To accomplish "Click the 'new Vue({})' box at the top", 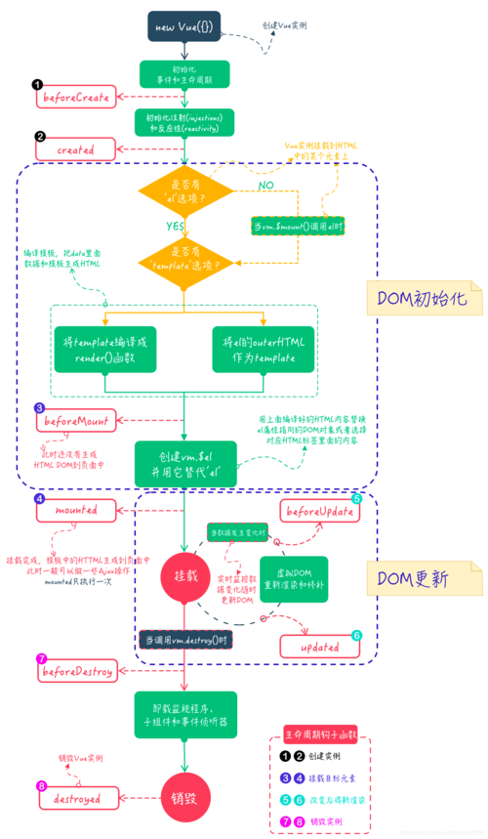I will click(183, 26).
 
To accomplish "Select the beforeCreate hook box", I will click(76, 97).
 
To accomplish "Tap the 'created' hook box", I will click(76, 149).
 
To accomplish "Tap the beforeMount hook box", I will click(76, 423).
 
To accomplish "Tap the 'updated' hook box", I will click(321, 646).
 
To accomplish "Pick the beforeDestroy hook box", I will click(76, 673).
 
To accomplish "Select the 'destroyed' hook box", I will click(76, 798).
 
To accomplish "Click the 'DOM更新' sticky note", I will click(416, 578).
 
